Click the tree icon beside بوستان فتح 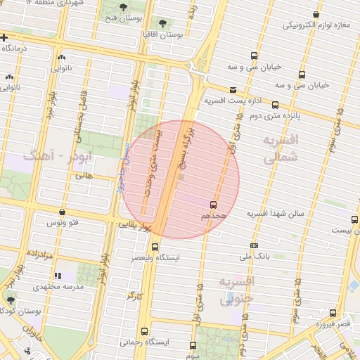pyautogui.click(x=124, y=7)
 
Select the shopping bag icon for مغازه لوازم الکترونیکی pyautogui.click(x=317, y=14)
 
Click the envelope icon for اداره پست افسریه pyautogui.click(x=233, y=89)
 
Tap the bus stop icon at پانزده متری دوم pyautogui.click(x=275, y=105)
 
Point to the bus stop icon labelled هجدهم pyautogui.click(x=213, y=205)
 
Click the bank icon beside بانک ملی pyautogui.click(x=254, y=245)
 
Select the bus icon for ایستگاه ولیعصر pyautogui.click(x=155, y=247)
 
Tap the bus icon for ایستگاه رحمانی pyautogui.click(x=144, y=331)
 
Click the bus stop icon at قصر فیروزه pyautogui.click(x=333, y=314)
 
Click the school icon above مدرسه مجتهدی pyautogui.click(x=58, y=276)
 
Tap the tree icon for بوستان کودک pyautogui.click(x=10, y=300)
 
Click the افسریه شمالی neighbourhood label pyautogui.click(x=281, y=150)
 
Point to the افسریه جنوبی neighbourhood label pyautogui.click(x=236, y=291)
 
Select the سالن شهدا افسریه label pyautogui.click(x=274, y=213)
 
